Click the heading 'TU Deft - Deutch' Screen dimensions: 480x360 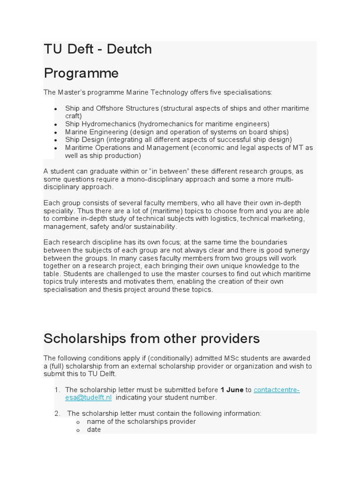coord(97,49)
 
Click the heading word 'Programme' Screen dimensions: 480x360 coord(81,74)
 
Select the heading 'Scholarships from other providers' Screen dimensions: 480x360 coord(151,338)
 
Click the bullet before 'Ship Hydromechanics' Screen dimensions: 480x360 coord(56,125)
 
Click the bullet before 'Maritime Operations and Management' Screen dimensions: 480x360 coord(56,148)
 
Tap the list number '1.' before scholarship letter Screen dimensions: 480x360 coord(57,390)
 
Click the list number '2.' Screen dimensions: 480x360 coord(57,413)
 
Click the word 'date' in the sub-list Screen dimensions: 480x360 coord(94,429)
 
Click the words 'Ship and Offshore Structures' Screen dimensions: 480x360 coord(112,108)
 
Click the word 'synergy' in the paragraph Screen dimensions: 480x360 coord(299,250)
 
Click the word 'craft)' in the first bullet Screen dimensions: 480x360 coord(74,116)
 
